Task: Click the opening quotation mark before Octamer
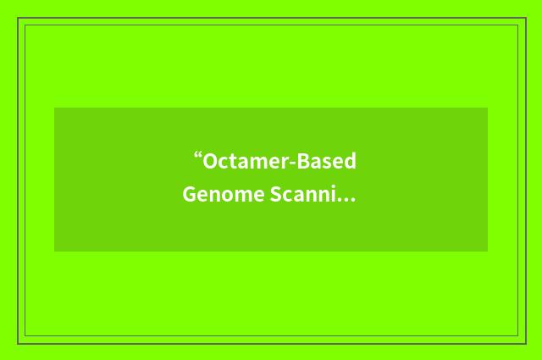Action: (x=197, y=158)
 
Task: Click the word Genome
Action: (x=219, y=196)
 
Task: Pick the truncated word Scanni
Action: (x=303, y=196)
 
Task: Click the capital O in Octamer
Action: (x=210, y=162)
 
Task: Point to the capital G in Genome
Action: (x=191, y=196)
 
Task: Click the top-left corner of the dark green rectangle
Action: (x=54, y=108)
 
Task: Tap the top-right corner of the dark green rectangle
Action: (x=488, y=108)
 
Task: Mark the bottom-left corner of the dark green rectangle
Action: (x=54, y=252)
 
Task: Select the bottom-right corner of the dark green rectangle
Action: (x=488, y=252)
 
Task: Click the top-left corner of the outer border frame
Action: (x=18, y=18)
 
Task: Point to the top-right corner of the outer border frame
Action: (x=525, y=18)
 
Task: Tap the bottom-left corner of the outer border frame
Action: (x=18, y=343)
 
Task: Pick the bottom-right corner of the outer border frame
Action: (x=525, y=343)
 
